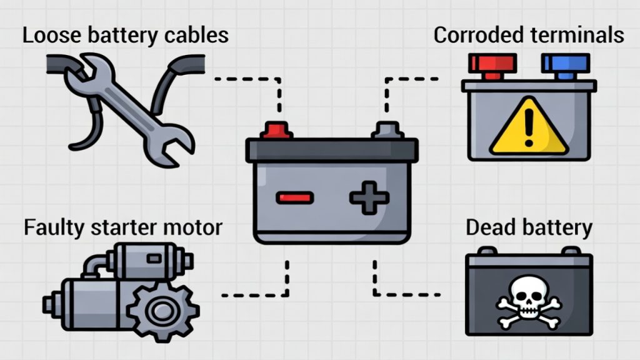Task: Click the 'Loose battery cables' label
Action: point(125,35)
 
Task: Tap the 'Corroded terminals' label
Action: point(529,35)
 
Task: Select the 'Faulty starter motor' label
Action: point(122,227)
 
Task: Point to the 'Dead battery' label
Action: point(529,227)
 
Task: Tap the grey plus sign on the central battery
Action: point(369,198)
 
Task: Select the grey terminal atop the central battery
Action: point(387,130)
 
